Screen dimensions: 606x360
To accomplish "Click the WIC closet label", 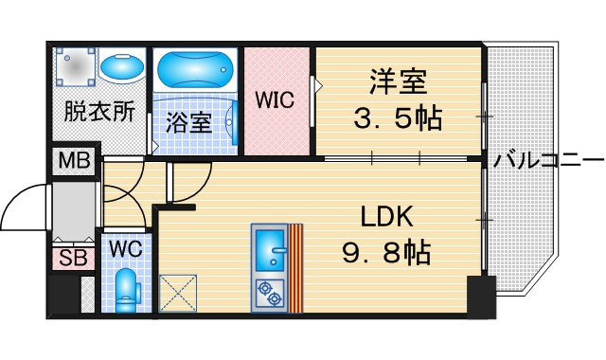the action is pyautogui.click(x=275, y=99).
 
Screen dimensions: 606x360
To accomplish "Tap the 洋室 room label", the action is pyautogui.click(x=398, y=81).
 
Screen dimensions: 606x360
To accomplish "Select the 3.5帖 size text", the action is pyautogui.click(x=398, y=117).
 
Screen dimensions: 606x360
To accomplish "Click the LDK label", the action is pyautogui.click(x=387, y=217).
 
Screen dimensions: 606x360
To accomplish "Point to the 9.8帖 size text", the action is pyautogui.click(x=386, y=252).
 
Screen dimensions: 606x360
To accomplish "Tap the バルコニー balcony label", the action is pyautogui.click(x=548, y=160).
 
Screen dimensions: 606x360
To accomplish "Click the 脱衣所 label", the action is pyautogui.click(x=99, y=112).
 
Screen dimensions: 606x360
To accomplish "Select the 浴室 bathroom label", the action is pyautogui.click(x=189, y=122).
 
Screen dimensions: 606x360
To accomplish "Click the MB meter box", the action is pyautogui.click(x=75, y=160).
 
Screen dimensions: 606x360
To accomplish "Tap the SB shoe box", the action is pyautogui.click(x=73, y=259).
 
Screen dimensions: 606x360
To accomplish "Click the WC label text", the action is pyautogui.click(x=126, y=248).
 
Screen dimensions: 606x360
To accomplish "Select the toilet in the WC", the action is pyautogui.click(x=126, y=290).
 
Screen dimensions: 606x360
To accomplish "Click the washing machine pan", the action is pyautogui.click(x=75, y=66).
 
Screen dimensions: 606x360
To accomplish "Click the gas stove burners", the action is pyautogui.click(x=270, y=294).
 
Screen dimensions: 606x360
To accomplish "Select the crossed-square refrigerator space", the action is pyautogui.click(x=178, y=293).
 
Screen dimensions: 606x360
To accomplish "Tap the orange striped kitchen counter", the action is pyautogui.click(x=295, y=267).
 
